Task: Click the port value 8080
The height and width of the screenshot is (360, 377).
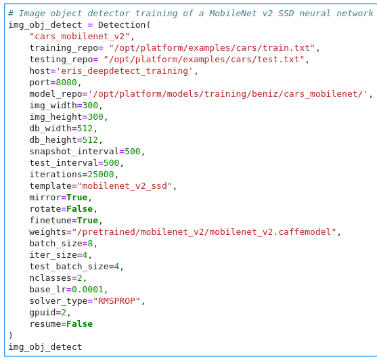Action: pos(66,83)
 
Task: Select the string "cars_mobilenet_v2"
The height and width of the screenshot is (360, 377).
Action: pos(79,37)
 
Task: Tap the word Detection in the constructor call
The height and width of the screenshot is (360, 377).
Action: pos(122,25)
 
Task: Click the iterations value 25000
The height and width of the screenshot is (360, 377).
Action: pos(101,175)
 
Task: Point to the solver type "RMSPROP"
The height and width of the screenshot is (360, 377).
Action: pos(116,301)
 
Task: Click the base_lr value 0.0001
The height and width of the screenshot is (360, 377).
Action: pos(87,290)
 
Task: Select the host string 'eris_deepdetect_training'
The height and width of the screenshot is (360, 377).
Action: pos(125,71)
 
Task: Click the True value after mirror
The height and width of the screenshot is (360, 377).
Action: pos(77,198)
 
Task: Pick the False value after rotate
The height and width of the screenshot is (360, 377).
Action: pos(80,209)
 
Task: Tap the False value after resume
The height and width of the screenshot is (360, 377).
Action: pos(80,324)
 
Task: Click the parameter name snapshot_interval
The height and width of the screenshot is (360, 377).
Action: pos(74,152)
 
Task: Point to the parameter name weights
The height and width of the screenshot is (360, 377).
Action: pos(47,232)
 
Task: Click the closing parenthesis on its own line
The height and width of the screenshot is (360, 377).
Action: pos(10,335)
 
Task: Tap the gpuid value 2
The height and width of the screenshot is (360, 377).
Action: pos(64,313)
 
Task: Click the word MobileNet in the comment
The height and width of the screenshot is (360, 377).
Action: pos(233,14)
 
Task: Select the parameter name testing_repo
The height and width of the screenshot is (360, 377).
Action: pos(61,60)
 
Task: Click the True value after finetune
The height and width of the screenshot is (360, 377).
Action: pos(87,221)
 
